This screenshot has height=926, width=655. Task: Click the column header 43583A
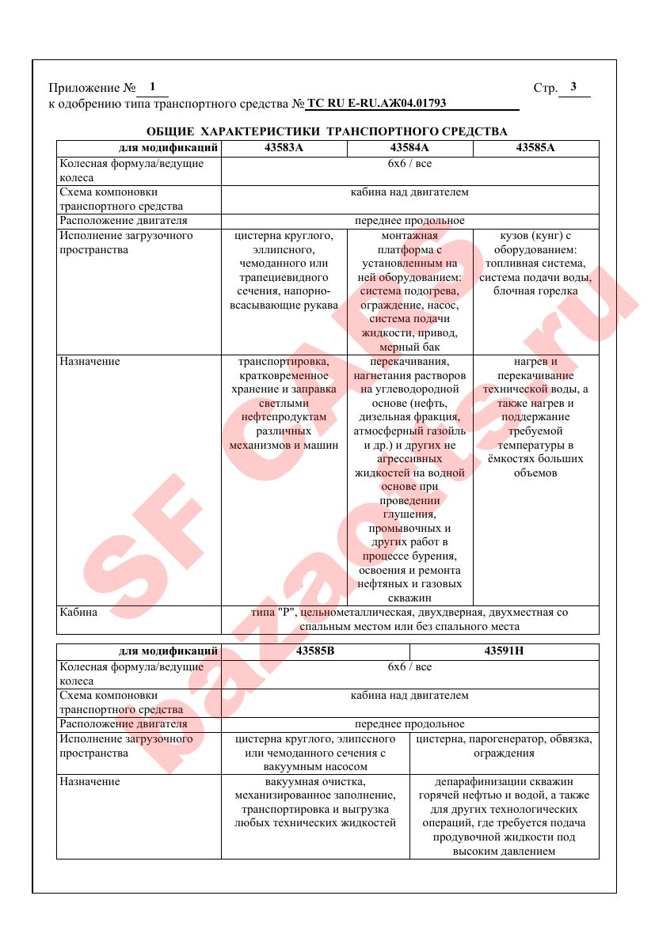(x=284, y=148)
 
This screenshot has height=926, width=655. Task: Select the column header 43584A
(x=409, y=148)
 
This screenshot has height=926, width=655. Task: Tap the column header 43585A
(x=535, y=148)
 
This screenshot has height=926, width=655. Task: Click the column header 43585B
(x=315, y=651)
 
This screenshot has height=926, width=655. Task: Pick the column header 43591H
(x=505, y=651)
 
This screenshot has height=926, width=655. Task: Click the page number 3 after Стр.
(x=573, y=87)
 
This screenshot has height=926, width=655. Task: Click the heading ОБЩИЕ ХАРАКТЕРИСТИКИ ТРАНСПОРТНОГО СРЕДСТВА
(x=327, y=131)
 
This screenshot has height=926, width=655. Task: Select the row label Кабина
(x=78, y=612)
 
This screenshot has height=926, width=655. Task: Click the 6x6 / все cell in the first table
(x=409, y=164)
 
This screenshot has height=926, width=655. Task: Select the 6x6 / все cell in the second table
(x=409, y=667)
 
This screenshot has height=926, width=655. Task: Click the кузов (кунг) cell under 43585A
(x=535, y=263)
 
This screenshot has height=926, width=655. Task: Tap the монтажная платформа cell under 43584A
(x=409, y=290)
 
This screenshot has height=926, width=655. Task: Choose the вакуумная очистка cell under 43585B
(x=315, y=803)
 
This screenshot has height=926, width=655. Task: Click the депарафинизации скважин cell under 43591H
(x=505, y=816)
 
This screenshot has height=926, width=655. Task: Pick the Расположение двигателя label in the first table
(x=124, y=220)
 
